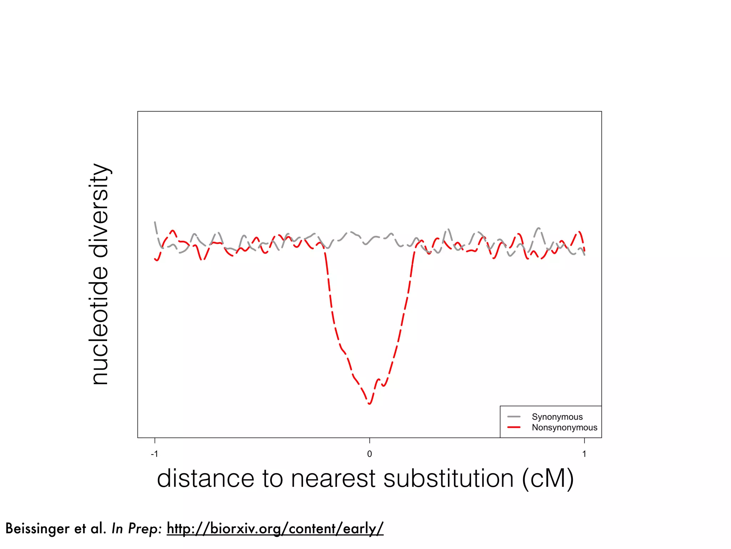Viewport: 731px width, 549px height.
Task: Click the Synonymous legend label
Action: pyautogui.click(x=557, y=417)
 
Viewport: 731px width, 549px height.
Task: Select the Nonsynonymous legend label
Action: pyautogui.click(x=564, y=427)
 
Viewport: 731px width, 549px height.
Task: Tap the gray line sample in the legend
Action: pyautogui.click(x=514, y=417)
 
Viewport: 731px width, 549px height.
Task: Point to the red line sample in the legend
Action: pyautogui.click(x=514, y=427)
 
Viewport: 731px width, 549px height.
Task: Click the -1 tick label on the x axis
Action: pyautogui.click(x=154, y=454)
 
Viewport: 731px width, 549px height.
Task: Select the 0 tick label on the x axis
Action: pyautogui.click(x=369, y=454)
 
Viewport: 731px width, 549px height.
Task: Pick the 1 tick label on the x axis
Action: pyautogui.click(x=584, y=454)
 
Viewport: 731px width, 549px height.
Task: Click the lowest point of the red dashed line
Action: pyautogui.click(x=369, y=404)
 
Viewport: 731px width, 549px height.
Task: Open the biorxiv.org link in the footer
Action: pyautogui.click(x=275, y=528)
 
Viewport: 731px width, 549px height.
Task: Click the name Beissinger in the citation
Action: pyautogui.click(x=37, y=528)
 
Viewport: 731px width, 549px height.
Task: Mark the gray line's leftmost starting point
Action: pyautogui.click(x=155, y=222)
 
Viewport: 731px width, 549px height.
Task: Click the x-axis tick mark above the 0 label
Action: pyautogui.click(x=369, y=441)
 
